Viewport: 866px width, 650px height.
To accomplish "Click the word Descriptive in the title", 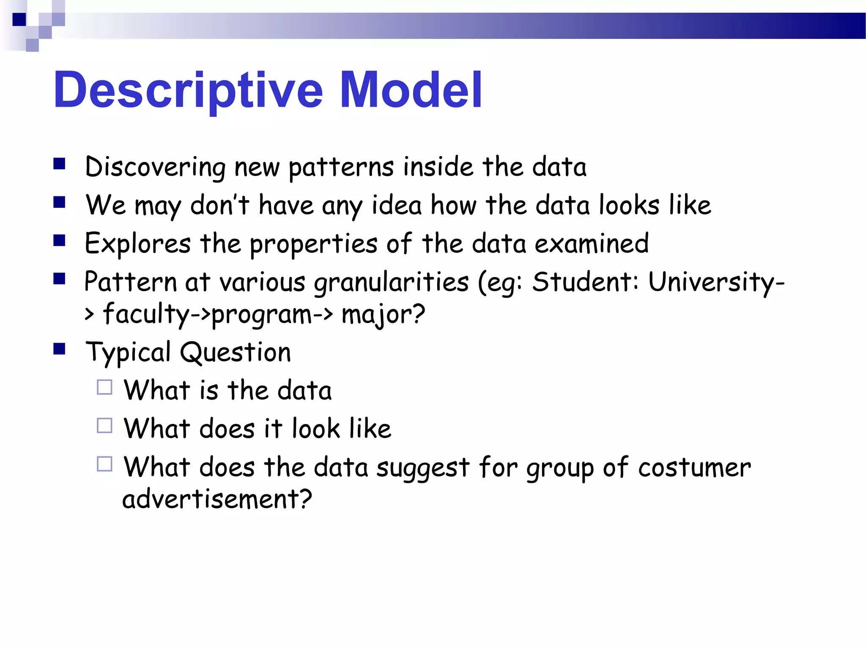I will pyautogui.click(x=188, y=90).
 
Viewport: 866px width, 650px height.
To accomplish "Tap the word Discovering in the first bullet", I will pyautogui.click(x=155, y=167).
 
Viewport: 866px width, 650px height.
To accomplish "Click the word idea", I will pyautogui.click(x=397, y=205).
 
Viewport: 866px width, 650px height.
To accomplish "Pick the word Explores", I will pyautogui.click(x=138, y=244).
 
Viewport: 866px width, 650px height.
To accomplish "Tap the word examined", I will pyautogui.click(x=592, y=244).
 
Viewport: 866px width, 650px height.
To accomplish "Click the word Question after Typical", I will pyautogui.click(x=236, y=353).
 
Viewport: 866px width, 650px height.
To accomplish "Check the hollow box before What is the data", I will pyautogui.click(x=104, y=387).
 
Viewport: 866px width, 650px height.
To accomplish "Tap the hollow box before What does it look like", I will pyautogui.click(x=104, y=426).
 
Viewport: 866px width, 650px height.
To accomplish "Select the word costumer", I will pyautogui.click(x=694, y=468).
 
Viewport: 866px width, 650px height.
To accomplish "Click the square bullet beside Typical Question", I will pyautogui.click(x=60, y=349).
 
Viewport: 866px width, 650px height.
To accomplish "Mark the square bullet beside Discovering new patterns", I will pyautogui.click(x=60, y=164).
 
